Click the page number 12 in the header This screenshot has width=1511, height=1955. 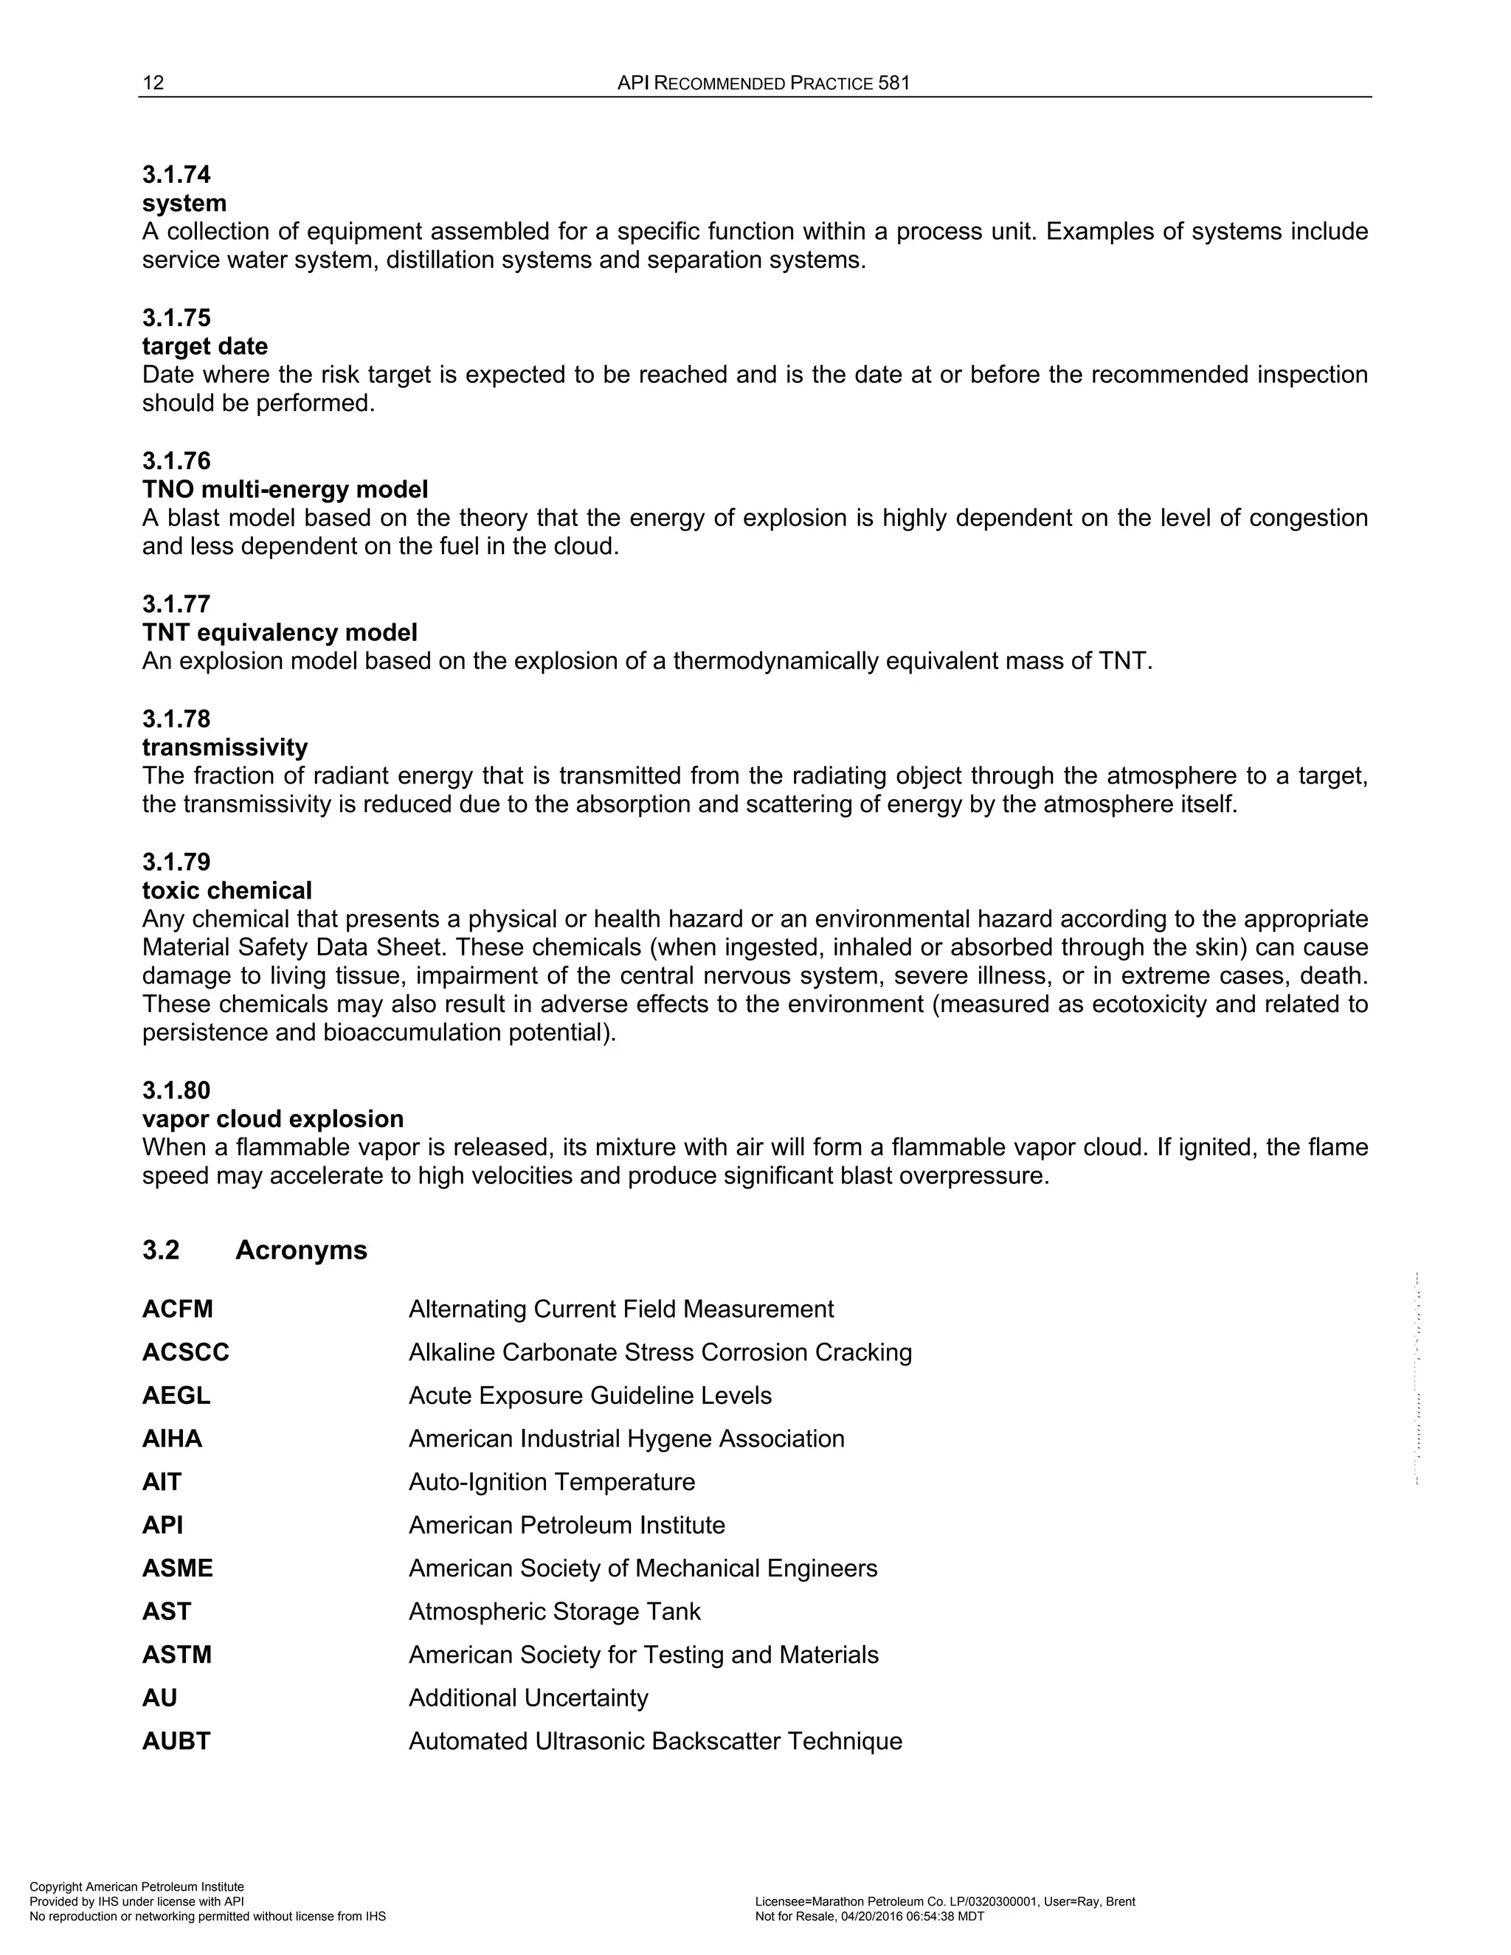pyautogui.click(x=153, y=83)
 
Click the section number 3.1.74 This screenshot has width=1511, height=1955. pyautogui.click(x=176, y=175)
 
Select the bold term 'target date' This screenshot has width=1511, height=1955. pyautogui.click(x=205, y=347)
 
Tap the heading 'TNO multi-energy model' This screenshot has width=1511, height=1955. pyautogui.click(x=285, y=490)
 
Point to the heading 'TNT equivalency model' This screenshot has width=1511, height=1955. pyautogui.click(x=280, y=633)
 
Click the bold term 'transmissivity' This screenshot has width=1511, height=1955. pyautogui.click(x=225, y=747)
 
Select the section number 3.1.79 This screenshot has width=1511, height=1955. pyautogui.click(x=176, y=862)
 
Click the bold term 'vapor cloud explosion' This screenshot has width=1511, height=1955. pyautogui.click(x=273, y=1119)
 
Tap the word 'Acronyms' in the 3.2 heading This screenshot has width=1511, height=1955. pyautogui.click(x=301, y=1250)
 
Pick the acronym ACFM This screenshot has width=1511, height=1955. pyautogui.click(x=177, y=1309)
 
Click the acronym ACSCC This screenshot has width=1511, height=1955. pyautogui.click(x=185, y=1352)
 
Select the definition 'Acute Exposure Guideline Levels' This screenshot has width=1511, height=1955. pyautogui.click(x=590, y=1396)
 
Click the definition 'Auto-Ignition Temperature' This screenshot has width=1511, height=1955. pyautogui.click(x=551, y=1481)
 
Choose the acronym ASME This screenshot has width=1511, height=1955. pyautogui.click(x=177, y=1568)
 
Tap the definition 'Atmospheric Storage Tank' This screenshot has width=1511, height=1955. pyautogui.click(x=554, y=1611)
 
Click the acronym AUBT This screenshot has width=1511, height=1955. pyautogui.click(x=176, y=1741)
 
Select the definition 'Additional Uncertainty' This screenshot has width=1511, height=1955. pyautogui.click(x=528, y=1698)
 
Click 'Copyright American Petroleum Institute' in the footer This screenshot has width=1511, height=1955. pyautogui.click(x=137, y=1887)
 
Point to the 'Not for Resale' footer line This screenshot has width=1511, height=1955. pyautogui.click(x=869, y=1917)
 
